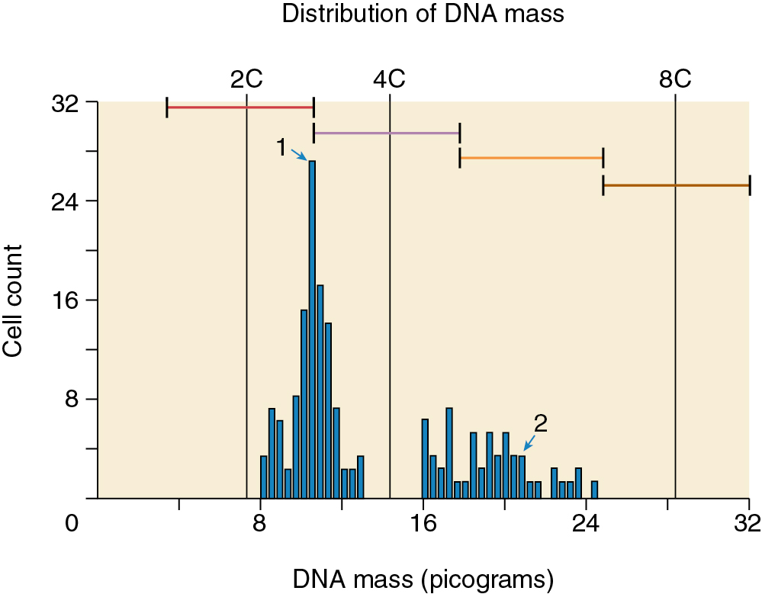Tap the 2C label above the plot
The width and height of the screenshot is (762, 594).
click(x=246, y=79)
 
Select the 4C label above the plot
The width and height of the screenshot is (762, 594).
click(x=389, y=79)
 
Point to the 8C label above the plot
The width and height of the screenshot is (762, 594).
click(x=675, y=79)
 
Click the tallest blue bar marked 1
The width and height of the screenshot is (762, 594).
click(x=312, y=328)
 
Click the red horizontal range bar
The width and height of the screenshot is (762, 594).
click(x=240, y=108)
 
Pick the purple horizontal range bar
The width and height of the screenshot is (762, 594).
click(x=386, y=133)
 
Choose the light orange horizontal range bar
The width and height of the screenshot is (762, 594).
click(x=531, y=158)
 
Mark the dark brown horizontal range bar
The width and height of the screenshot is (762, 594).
click(x=676, y=185)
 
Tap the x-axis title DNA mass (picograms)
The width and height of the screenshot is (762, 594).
click(x=423, y=580)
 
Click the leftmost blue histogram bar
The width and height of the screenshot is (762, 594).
click(x=264, y=477)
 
